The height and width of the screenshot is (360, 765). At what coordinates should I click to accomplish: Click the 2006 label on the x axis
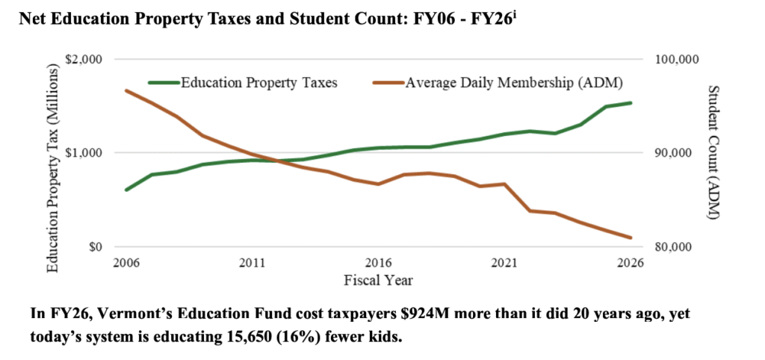(126, 263)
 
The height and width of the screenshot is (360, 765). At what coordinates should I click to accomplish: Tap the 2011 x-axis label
(253, 263)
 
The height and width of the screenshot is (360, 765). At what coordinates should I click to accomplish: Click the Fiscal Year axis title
(378, 281)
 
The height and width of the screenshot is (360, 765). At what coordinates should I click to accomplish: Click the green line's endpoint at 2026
(631, 103)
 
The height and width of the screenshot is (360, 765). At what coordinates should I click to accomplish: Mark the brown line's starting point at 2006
(126, 90)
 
